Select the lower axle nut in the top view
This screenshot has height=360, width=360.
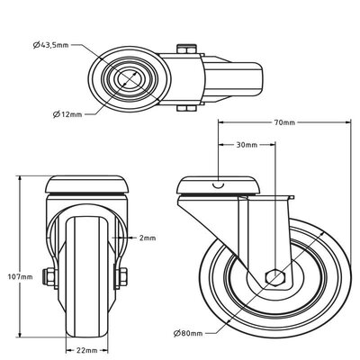185,109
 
